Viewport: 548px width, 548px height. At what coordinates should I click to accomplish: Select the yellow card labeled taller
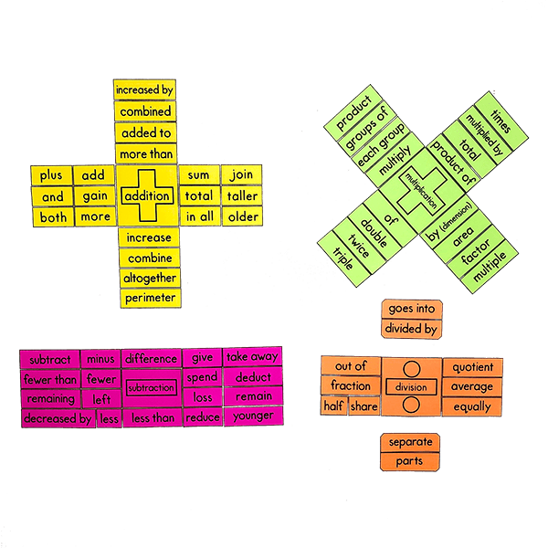(243, 195)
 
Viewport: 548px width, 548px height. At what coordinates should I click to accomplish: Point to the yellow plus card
(51, 175)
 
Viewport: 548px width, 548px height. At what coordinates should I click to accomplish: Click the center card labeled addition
(146, 196)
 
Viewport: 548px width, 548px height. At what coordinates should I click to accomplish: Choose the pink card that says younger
(252, 416)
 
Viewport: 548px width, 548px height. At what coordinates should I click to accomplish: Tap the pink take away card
(252, 357)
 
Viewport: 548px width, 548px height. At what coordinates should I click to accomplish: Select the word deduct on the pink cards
(252, 377)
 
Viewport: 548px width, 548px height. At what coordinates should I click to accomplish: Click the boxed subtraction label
(151, 388)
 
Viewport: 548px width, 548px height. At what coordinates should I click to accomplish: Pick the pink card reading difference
(151, 359)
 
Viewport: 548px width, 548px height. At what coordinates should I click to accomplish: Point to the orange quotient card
(472, 367)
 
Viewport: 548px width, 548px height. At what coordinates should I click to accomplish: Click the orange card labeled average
(472, 387)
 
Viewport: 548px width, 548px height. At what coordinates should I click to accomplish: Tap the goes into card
(410, 309)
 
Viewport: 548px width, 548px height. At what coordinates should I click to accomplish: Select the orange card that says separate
(410, 442)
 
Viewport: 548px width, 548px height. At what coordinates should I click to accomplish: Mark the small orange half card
(333, 407)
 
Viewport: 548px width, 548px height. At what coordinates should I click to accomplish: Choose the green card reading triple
(342, 252)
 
